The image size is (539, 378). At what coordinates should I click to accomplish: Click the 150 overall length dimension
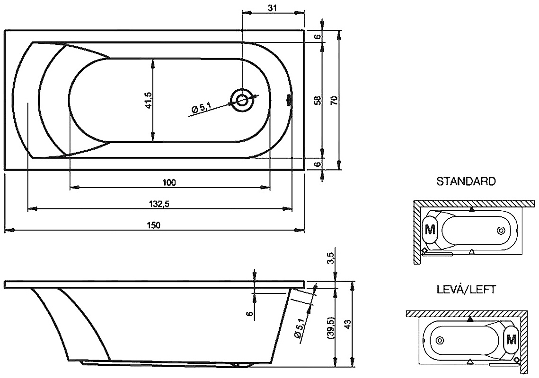tap(154, 225)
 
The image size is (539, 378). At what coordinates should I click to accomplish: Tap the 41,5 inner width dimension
tap(148, 100)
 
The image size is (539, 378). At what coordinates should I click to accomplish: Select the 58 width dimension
tap(317, 100)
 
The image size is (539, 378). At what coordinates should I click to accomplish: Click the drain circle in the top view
tap(243, 100)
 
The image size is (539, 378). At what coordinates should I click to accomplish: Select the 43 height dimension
tap(347, 324)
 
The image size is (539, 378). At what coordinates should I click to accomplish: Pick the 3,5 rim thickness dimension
tap(331, 258)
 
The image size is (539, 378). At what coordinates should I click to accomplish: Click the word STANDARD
tap(466, 181)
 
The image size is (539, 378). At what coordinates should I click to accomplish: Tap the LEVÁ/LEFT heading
tap(466, 290)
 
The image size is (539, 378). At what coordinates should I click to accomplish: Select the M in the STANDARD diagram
tap(430, 230)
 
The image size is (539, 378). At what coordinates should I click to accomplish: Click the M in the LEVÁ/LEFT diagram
tap(511, 339)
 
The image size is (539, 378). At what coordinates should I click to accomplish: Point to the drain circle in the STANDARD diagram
tap(501, 230)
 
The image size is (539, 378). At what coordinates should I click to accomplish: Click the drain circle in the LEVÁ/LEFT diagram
tap(440, 339)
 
